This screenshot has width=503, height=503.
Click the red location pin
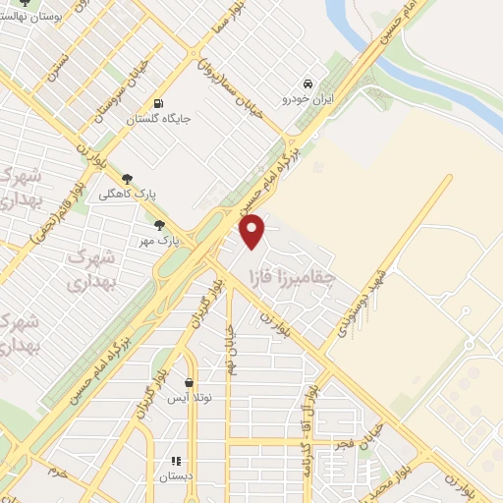(253, 231)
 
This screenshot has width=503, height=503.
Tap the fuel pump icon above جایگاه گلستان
(157, 104)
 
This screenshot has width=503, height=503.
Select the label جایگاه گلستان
(157, 120)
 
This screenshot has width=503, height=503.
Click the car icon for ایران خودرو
(308, 84)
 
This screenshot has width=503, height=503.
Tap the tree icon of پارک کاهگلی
(127, 178)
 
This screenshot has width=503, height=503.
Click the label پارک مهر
(158, 239)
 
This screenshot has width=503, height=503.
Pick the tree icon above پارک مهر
(159, 224)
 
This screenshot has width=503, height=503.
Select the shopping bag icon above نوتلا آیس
(188, 383)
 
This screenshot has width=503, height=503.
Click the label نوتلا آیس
(186, 399)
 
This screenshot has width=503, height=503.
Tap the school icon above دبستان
(176, 460)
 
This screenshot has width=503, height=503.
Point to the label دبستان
(177, 475)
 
